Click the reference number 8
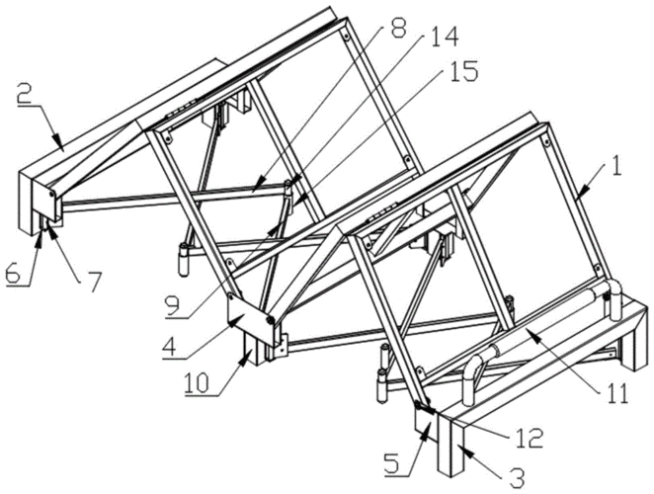click(398, 29)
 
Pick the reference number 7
click(94, 282)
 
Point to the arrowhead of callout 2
click(59, 143)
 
